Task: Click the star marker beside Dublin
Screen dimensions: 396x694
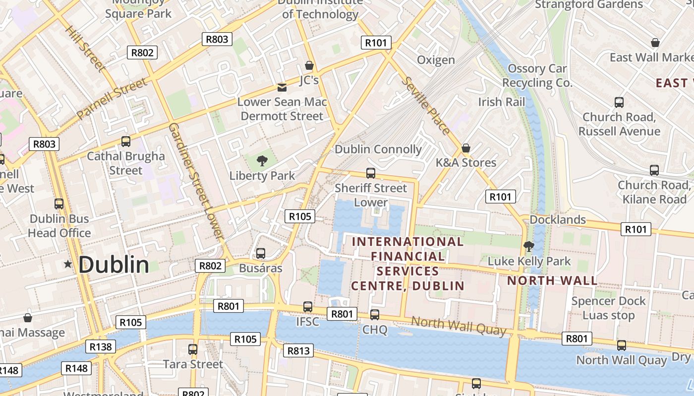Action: click(68, 264)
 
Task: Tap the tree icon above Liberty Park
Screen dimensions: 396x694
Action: click(262, 160)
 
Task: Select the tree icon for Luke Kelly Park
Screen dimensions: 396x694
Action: click(529, 246)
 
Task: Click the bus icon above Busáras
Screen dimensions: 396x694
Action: click(260, 253)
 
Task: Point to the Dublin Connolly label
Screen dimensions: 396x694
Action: click(378, 149)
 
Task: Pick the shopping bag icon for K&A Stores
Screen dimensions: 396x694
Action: click(465, 148)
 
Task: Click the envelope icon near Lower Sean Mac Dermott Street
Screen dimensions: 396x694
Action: click(282, 88)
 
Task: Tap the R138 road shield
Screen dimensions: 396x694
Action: click(101, 346)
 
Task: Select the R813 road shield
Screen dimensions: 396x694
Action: click(298, 351)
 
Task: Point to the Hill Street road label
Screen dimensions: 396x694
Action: click(85, 48)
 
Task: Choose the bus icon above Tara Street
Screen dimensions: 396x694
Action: click(193, 349)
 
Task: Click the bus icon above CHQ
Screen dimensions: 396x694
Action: click(375, 315)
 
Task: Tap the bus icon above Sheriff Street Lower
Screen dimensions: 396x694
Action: click(370, 173)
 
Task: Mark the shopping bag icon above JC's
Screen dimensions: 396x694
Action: click(309, 65)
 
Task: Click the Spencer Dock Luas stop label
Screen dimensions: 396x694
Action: click(608, 308)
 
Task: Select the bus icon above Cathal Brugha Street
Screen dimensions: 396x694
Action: click(126, 142)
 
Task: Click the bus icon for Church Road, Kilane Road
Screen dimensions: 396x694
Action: click(654, 170)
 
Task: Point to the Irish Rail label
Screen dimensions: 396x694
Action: click(501, 102)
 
